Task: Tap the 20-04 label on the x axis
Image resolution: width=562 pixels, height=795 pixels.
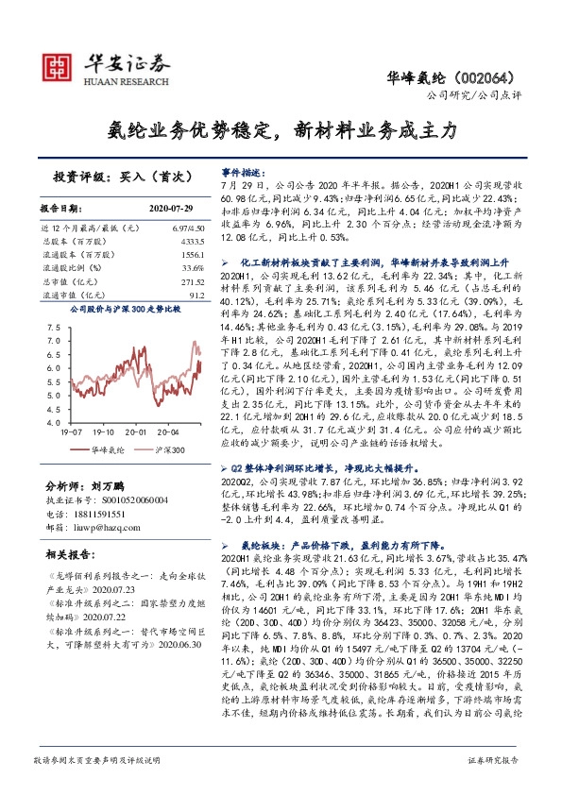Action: click(x=181, y=432)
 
